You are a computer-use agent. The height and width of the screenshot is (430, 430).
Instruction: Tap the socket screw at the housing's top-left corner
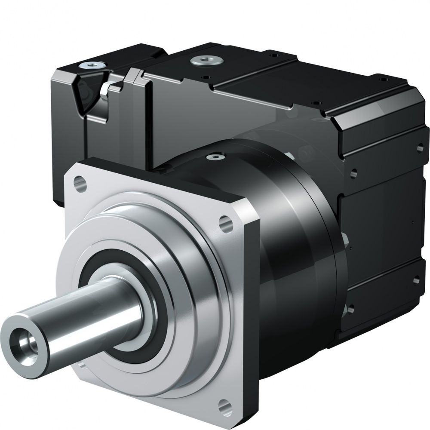coord(91,65)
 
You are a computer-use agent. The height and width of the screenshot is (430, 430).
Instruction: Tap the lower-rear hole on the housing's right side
coord(416,280)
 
